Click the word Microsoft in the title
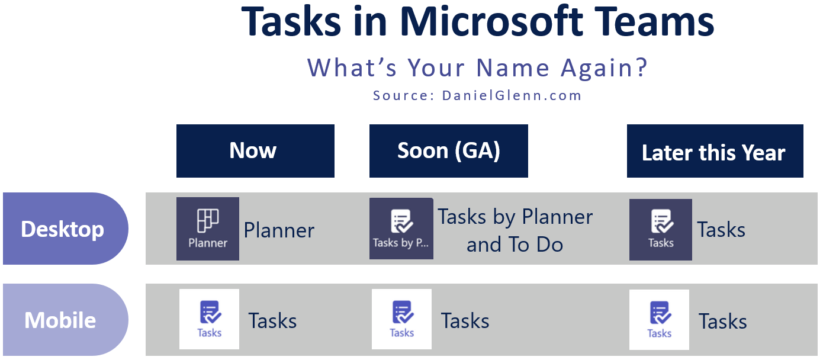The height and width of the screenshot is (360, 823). (x=491, y=21)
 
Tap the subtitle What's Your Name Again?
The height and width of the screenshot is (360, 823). (x=477, y=68)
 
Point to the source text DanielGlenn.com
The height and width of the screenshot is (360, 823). (x=512, y=95)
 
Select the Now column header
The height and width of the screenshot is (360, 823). (x=255, y=151)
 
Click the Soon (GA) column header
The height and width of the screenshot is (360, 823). (x=449, y=151)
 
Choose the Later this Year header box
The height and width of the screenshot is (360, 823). (x=715, y=151)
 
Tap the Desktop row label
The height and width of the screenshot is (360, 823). (x=65, y=229)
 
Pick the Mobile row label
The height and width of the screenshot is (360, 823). (x=65, y=320)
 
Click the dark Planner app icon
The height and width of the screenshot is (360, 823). (x=208, y=229)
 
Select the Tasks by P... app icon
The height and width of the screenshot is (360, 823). (x=401, y=229)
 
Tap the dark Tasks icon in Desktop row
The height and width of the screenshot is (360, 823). (x=661, y=230)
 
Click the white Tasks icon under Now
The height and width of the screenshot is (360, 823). (x=209, y=319)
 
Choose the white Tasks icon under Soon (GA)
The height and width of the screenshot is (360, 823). (x=401, y=319)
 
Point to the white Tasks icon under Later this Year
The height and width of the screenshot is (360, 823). (x=659, y=320)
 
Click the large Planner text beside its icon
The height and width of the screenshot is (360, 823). (x=279, y=231)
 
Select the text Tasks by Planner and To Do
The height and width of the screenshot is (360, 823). (x=515, y=230)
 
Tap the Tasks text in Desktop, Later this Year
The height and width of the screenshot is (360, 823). (x=721, y=230)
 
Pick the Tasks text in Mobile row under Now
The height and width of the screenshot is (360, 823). (x=272, y=321)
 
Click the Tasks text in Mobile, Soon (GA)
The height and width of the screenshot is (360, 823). (x=465, y=321)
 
